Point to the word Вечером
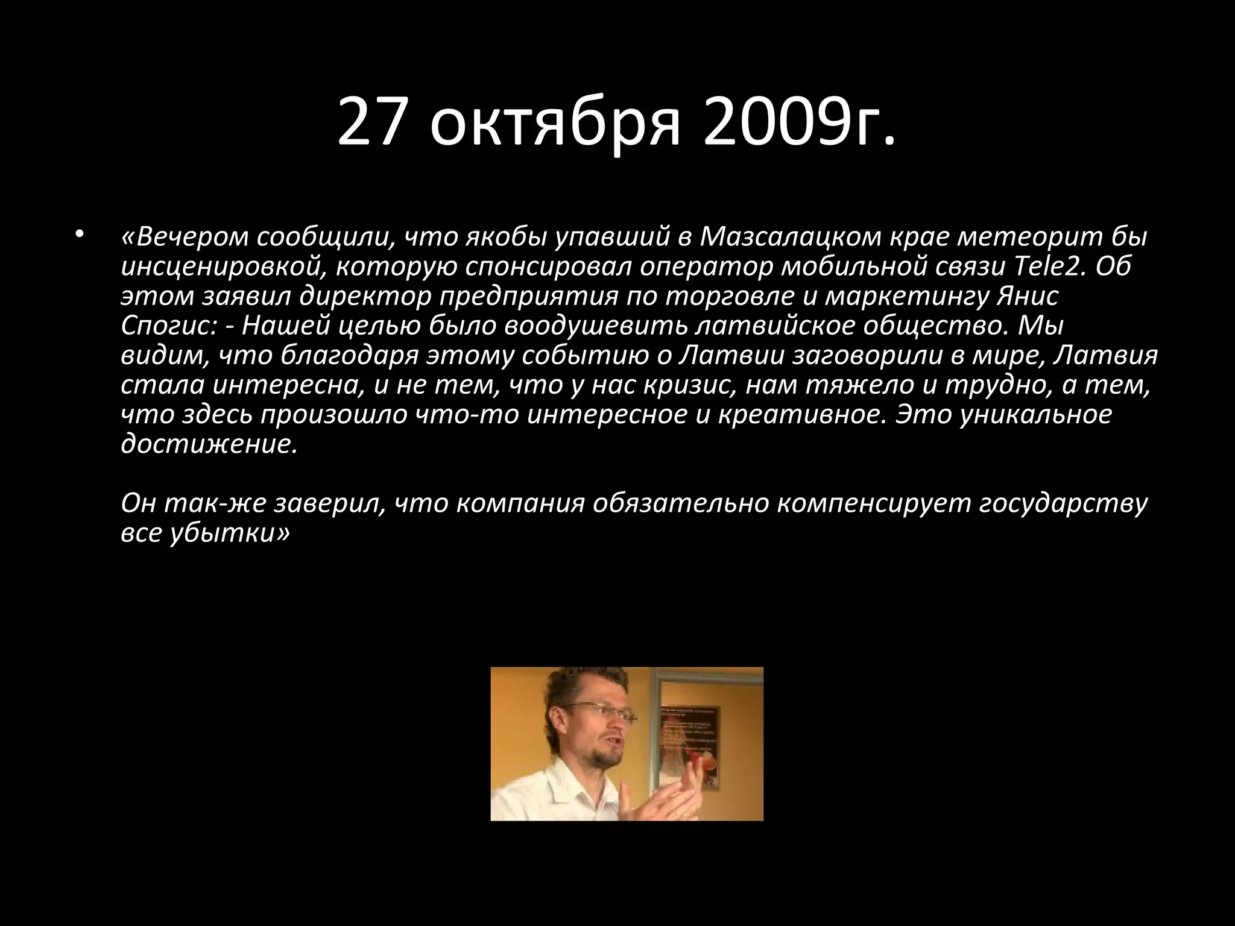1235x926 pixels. [x=188, y=238]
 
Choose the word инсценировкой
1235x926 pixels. [x=220, y=267]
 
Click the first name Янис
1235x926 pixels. [x=1028, y=297]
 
